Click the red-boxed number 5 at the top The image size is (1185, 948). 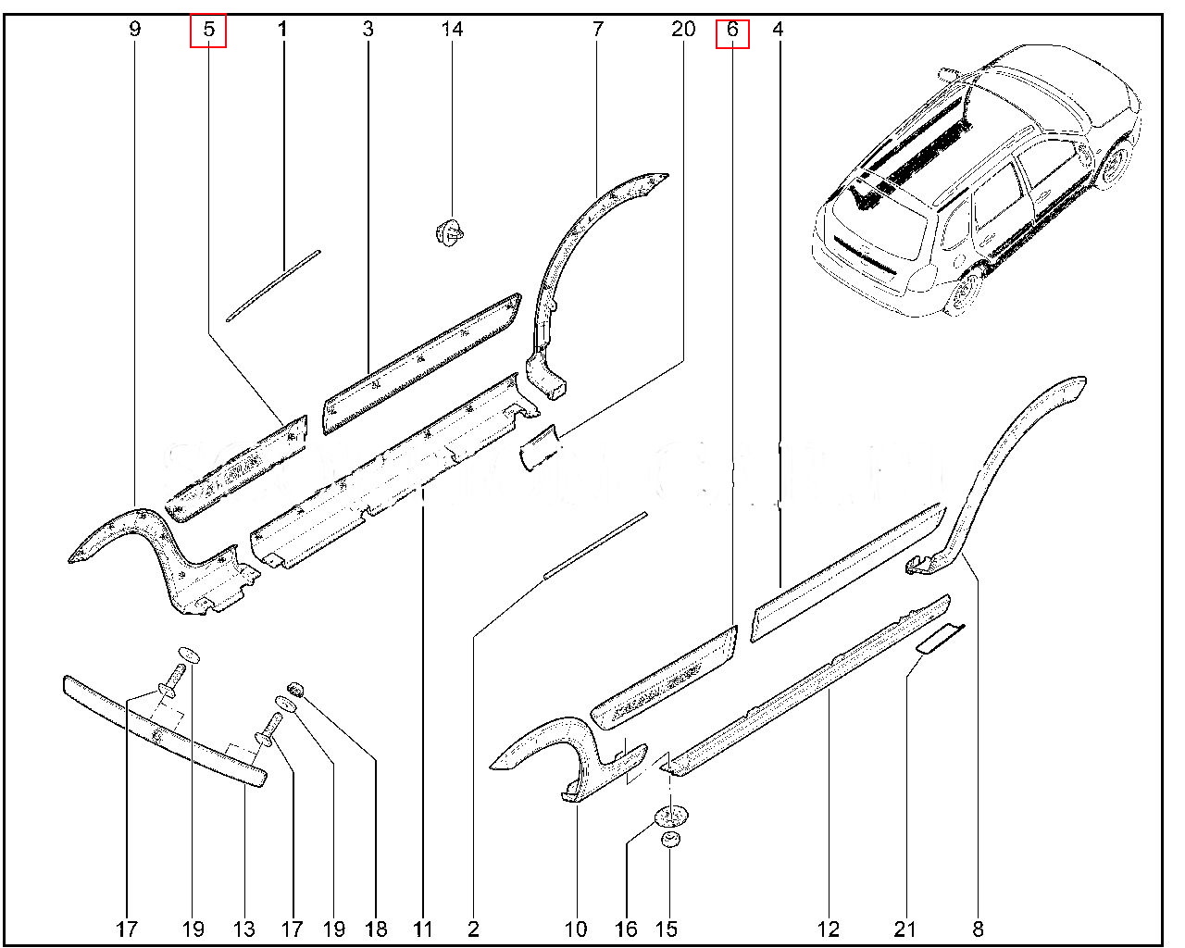208,30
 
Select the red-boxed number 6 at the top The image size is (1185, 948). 732,31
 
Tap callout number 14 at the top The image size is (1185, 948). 452,30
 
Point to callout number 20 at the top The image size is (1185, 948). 683,30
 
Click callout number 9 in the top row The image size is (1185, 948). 135,30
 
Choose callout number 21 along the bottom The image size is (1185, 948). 904,929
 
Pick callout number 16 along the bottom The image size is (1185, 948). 626,929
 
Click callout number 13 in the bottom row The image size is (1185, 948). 243,929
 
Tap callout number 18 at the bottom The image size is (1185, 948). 376,929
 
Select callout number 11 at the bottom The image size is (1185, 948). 423,929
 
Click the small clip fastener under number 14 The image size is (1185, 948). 450,232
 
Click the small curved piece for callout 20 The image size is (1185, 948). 540,448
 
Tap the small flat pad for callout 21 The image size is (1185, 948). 941,639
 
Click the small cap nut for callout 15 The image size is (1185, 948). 670,842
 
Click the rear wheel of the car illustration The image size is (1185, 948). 964,294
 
